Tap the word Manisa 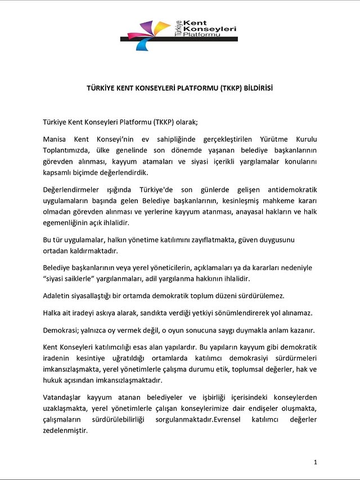(56, 138)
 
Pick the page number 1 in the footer (316, 462)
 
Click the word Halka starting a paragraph (53, 312)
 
